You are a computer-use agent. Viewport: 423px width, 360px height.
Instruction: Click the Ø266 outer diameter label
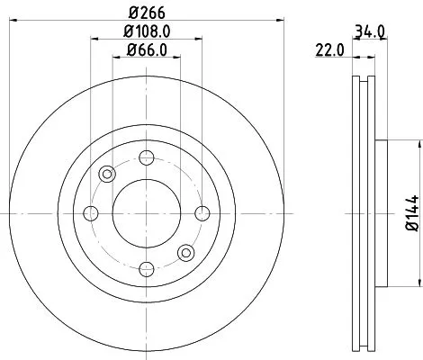coord(145,13)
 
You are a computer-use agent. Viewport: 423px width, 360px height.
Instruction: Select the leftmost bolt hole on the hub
coord(90,213)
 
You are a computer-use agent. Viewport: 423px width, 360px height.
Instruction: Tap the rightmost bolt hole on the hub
coord(202,213)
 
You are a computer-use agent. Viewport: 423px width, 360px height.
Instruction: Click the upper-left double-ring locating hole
coord(107,174)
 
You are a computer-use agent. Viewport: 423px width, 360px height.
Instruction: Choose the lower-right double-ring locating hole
coord(185,252)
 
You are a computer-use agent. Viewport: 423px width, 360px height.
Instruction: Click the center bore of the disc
coord(146,213)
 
